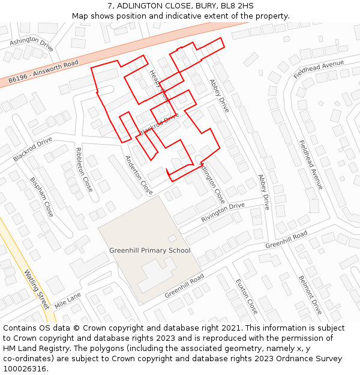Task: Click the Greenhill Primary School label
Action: pyautogui.click(x=149, y=251)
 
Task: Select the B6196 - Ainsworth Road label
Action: pyautogui.click(x=43, y=71)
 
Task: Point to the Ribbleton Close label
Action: pyautogui.click(x=84, y=170)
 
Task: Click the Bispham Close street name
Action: pyautogui.click(x=41, y=197)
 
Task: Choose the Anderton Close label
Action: pyautogui.click(x=139, y=175)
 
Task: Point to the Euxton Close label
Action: pyautogui.click(x=247, y=296)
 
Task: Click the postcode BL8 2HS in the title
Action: pyautogui.click(x=237, y=6)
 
